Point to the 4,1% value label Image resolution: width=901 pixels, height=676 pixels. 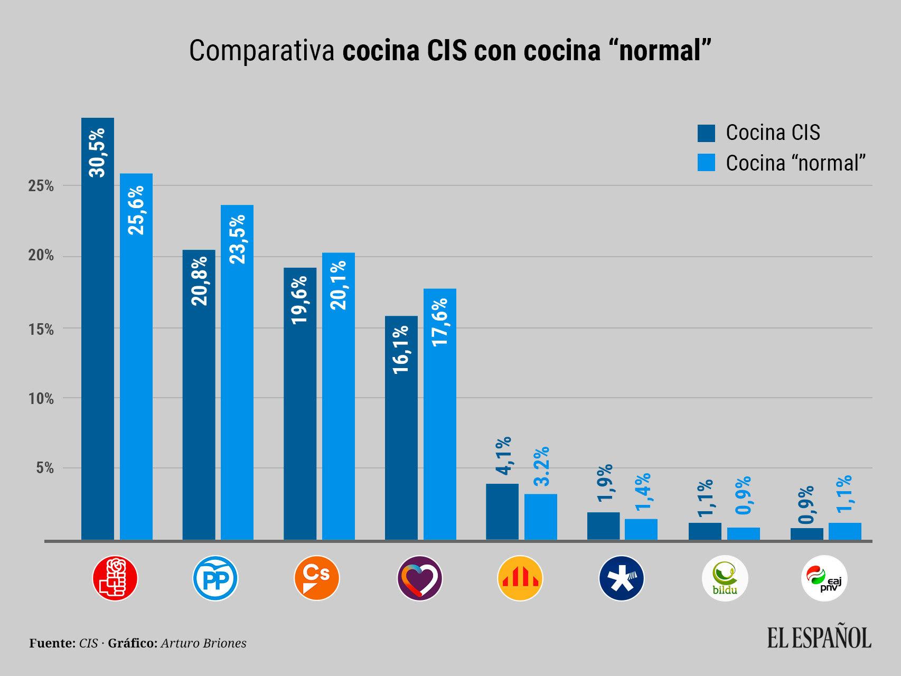click(x=503, y=457)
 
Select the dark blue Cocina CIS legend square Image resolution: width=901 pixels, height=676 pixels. click(x=706, y=133)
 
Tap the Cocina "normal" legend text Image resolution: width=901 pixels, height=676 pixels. click(x=796, y=163)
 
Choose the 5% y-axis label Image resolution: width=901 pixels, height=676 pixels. click(x=45, y=468)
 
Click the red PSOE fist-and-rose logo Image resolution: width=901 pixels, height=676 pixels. click(x=115, y=579)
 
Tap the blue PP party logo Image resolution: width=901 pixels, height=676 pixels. click(x=215, y=579)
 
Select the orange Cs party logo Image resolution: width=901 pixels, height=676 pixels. click(x=316, y=579)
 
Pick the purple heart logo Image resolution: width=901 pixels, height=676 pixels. click(x=419, y=579)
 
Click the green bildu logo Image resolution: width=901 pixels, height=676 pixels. click(x=725, y=579)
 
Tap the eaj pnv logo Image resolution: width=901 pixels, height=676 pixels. click(x=824, y=579)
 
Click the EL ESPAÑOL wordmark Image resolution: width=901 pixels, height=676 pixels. click(x=819, y=637)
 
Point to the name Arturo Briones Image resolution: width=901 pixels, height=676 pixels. click(x=203, y=643)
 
